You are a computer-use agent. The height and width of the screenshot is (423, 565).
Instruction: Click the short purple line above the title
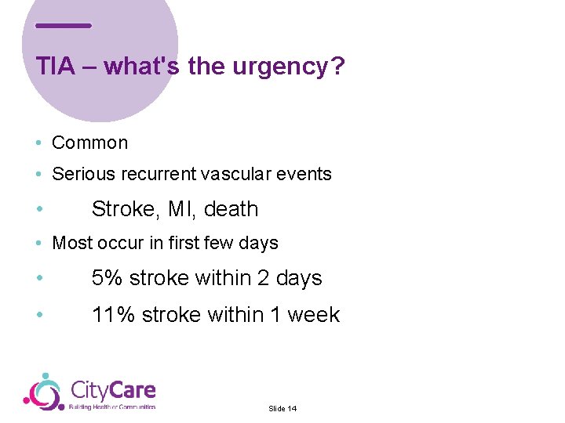point(64,26)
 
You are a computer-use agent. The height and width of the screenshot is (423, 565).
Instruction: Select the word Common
point(89,143)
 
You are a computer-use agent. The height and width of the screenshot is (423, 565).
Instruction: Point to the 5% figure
point(107,278)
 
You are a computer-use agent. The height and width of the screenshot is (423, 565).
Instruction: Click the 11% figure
point(113,315)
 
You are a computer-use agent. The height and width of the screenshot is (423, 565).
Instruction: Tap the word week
point(314,315)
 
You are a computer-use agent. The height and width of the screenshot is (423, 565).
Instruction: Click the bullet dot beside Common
point(38,143)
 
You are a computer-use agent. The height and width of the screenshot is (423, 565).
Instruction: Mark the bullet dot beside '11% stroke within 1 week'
point(38,316)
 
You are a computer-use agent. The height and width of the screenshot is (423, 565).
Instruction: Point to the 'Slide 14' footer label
point(282,409)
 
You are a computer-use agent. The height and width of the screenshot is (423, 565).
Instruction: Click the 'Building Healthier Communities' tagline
point(112,407)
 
